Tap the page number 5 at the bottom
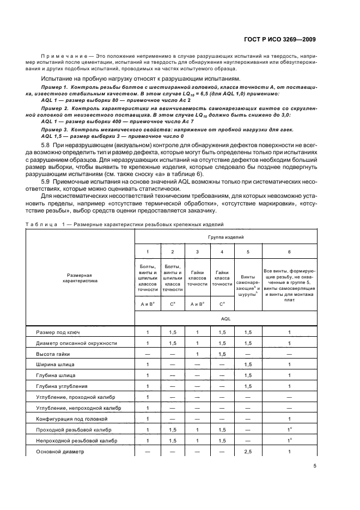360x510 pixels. pyautogui.click(x=315, y=466)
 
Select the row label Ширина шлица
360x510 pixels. pyautogui.click(x=52, y=364)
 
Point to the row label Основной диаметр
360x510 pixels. pyautogui.click(x=57, y=452)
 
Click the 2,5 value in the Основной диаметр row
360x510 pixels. pyautogui.click(x=248, y=452)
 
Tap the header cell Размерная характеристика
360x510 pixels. pyautogui.click(x=80, y=278)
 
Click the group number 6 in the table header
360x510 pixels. pyautogui.click(x=290, y=252)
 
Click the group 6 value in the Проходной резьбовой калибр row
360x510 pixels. pyautogui.click(x=290, y=430)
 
